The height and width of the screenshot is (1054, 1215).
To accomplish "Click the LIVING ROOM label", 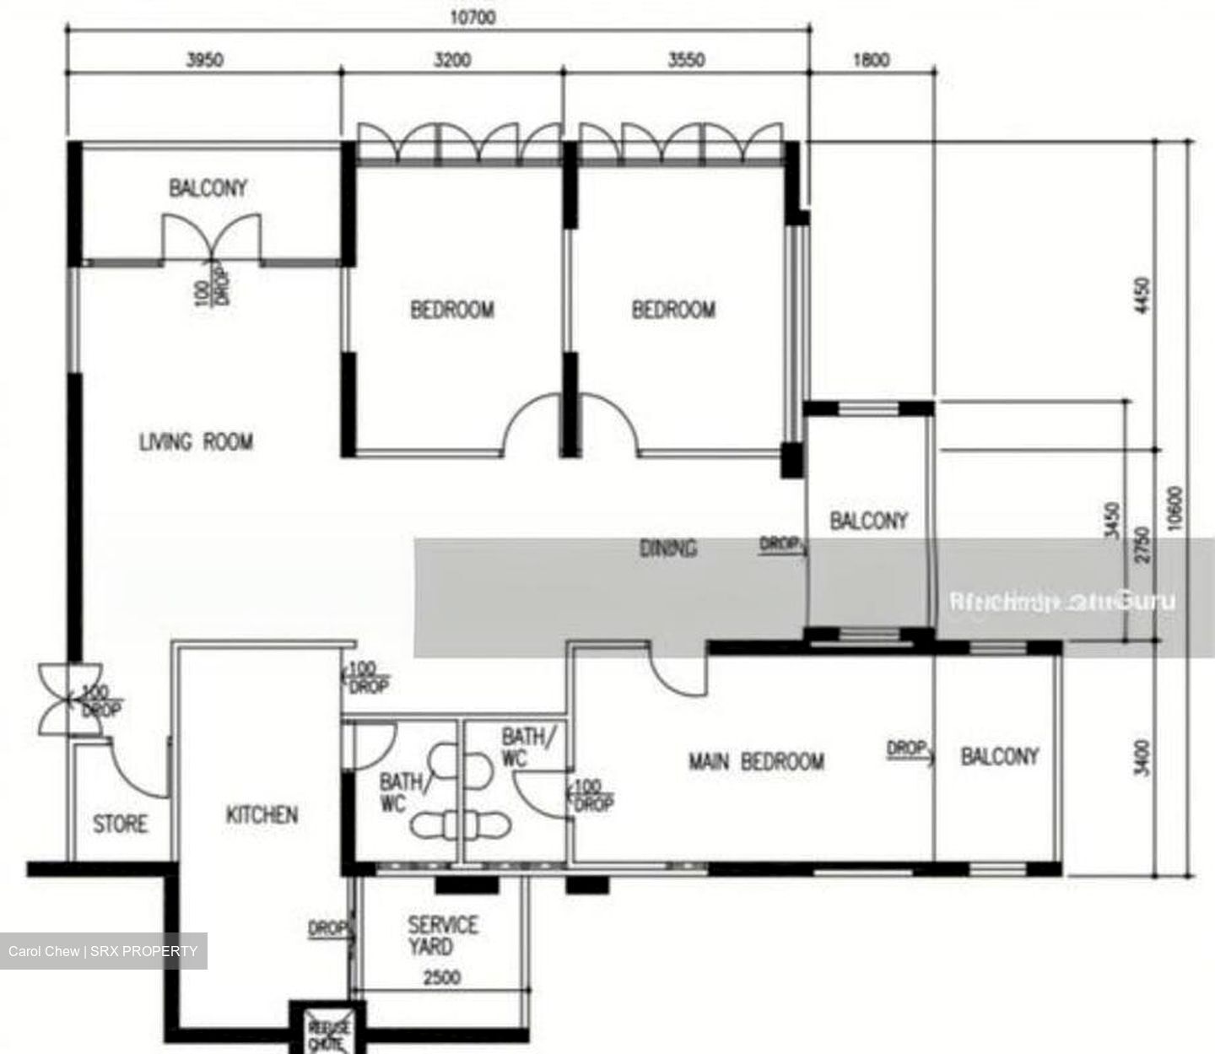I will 196,441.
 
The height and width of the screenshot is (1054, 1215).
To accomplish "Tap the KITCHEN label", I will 262,814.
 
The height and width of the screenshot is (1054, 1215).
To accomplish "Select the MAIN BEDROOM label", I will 756,762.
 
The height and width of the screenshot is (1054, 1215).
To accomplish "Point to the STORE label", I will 120,824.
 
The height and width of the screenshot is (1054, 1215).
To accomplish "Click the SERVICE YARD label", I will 442,936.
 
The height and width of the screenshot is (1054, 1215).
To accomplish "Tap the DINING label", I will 668,549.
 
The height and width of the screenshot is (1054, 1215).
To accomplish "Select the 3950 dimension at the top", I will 204,60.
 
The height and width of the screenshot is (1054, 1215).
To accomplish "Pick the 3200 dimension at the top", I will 452,60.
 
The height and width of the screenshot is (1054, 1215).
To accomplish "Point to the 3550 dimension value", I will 686,60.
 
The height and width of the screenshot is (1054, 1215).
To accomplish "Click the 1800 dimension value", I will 871,60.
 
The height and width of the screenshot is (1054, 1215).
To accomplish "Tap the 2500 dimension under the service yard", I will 441,977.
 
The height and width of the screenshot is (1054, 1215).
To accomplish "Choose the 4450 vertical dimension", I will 1143,295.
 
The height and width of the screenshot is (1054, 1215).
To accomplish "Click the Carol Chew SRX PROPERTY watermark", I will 103,951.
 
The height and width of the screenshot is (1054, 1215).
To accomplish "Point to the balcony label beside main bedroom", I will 1000,756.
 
